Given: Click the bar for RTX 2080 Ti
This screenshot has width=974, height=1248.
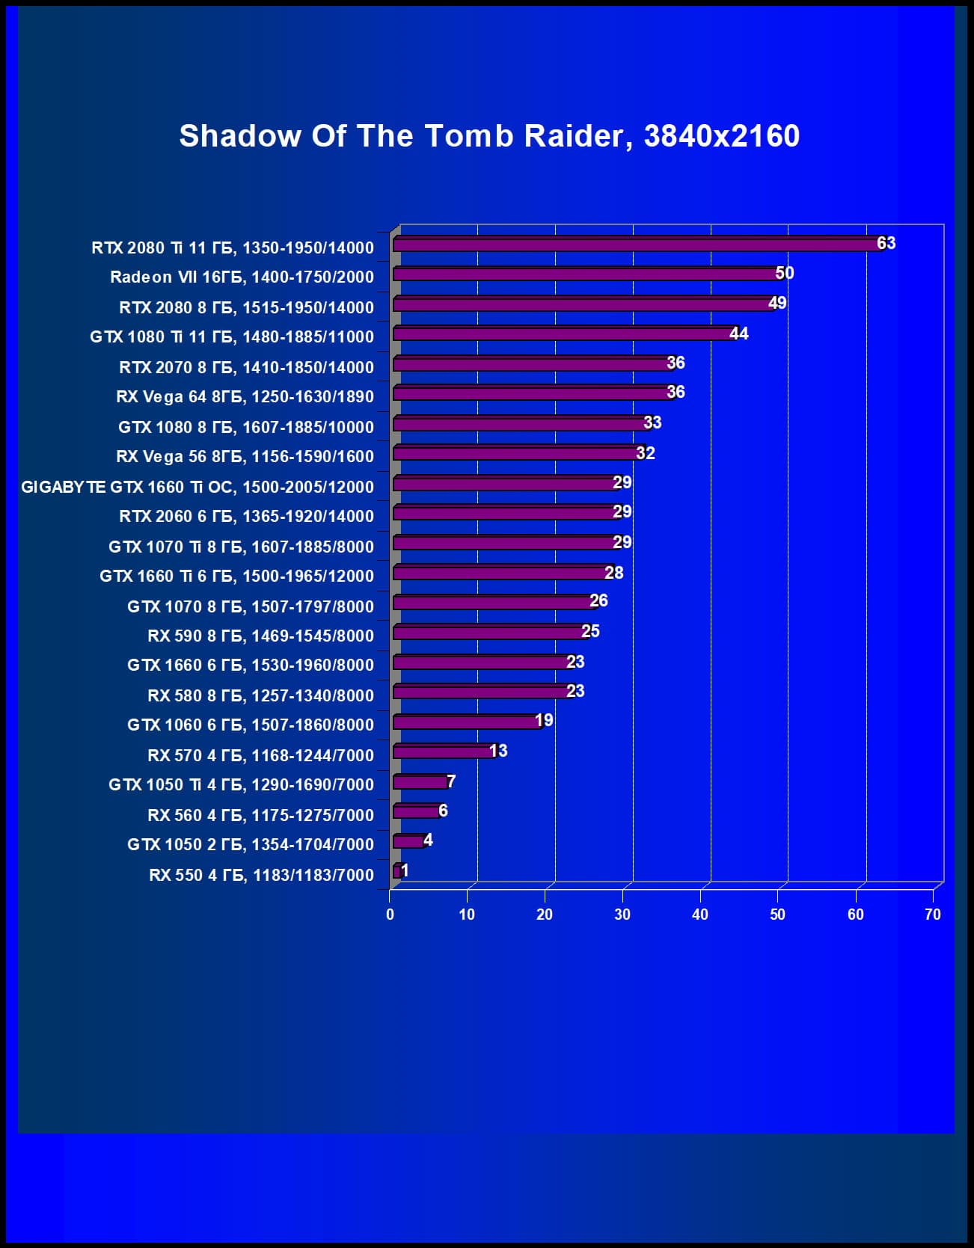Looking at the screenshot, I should [636, 245].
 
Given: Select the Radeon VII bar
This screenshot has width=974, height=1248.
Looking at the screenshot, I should [587, 274].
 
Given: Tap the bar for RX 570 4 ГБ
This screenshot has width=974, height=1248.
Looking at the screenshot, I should [443, 751].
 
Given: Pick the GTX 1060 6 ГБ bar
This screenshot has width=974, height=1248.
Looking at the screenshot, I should [465, 722].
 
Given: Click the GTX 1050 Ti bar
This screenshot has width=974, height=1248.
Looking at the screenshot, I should [420, 782].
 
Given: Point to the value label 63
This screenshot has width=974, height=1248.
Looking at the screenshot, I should [886, 243].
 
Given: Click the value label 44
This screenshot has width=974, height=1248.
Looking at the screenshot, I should [738, 333].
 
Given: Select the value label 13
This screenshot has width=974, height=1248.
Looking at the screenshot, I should [498, 751].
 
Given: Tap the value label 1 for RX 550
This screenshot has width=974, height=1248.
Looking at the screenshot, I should [404, 870].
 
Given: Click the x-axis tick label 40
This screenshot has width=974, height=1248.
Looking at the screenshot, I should [699, 915].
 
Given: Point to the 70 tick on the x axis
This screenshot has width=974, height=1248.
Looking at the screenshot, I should [932, 915].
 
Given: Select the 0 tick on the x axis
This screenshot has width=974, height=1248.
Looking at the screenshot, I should [390, 915].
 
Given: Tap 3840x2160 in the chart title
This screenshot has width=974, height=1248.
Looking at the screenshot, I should [721, 136].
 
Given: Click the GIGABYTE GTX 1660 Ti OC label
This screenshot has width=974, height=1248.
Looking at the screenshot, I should [197, 487].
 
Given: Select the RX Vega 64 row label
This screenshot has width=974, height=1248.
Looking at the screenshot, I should [245, 396].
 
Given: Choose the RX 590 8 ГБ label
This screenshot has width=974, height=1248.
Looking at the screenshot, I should [260, 636].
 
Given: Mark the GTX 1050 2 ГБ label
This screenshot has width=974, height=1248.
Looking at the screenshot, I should [250, 844].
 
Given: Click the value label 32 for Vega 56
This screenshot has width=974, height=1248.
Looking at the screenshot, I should [645, 453].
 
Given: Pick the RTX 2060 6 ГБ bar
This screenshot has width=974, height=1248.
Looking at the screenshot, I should [505, 513].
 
